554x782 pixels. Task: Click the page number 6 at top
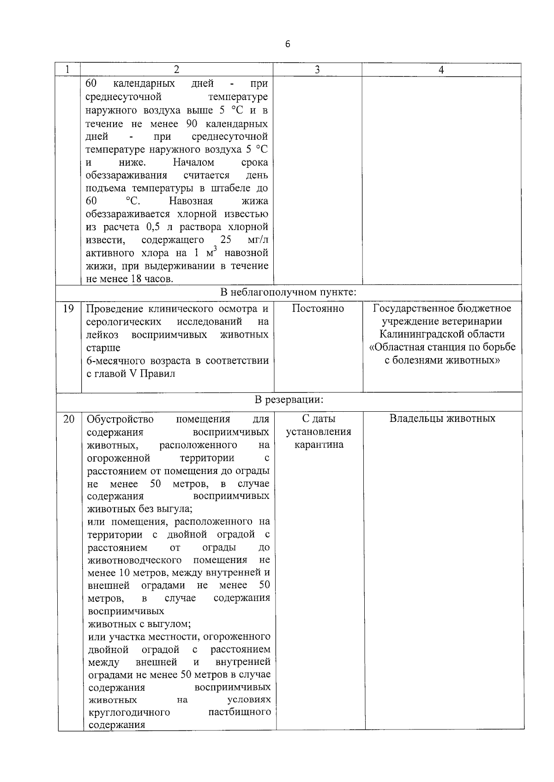coord(288,44)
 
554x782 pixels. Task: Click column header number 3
coord(317,70)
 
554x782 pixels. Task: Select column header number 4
coord(441,70)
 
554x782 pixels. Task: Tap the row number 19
coord(68,308)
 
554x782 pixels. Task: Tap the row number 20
coord(68,419)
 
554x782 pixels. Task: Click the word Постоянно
coord(318,308)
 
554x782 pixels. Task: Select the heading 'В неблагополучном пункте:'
coord(288,292)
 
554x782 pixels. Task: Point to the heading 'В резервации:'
coord(289,400)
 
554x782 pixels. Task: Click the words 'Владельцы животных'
coord(442,419)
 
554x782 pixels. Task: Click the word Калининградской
coord(442,334)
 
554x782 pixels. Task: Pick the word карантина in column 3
coord(319,445)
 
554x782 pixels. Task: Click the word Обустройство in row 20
coord(120,419)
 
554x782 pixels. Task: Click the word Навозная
coord(191,201)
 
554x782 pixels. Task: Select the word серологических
coord(124,321)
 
